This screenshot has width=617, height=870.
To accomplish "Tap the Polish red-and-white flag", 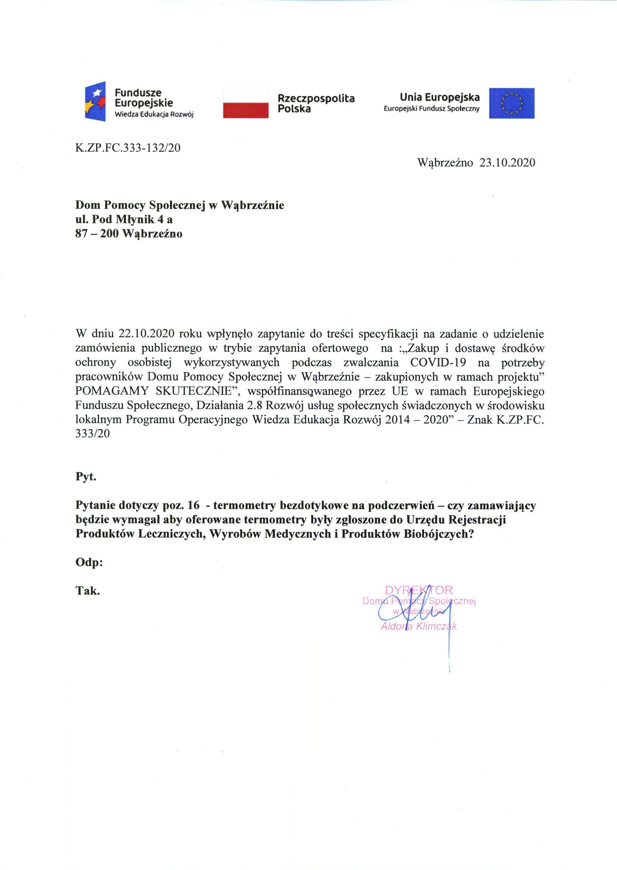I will [x=246, y=103].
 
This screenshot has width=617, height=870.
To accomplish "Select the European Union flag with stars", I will [x=511, y=103].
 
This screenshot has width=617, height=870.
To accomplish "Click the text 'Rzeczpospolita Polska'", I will [x=316, y=103].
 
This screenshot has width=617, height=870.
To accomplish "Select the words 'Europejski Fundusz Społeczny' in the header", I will [x=431, y=109].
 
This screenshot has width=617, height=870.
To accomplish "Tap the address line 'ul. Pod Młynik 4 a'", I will [x=124, y=219].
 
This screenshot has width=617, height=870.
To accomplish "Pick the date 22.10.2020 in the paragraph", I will [x=146, y=334].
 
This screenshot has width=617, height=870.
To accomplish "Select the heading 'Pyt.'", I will [x=86, y=477].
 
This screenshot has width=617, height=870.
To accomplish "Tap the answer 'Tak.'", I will [x=88, y=591].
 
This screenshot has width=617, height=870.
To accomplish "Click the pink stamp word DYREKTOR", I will [x=419, y=590].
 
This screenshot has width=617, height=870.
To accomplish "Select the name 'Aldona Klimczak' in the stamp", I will [x=418, y=626].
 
